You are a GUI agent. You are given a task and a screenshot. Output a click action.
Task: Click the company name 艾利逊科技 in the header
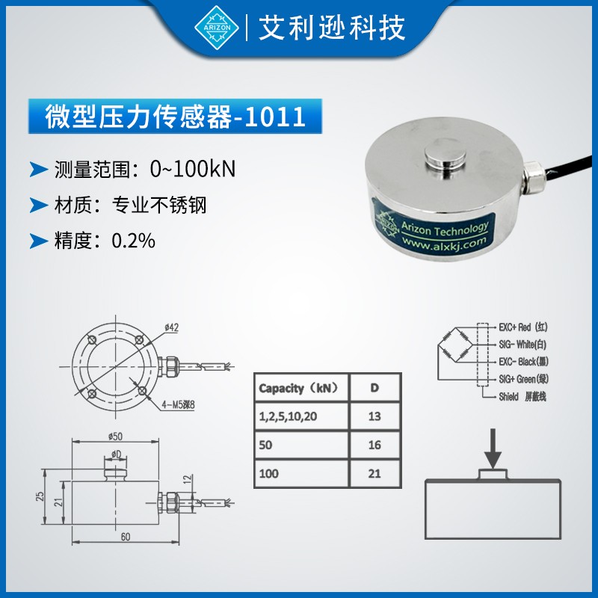point(332,28)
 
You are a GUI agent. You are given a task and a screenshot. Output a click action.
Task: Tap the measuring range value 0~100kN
point(193,169)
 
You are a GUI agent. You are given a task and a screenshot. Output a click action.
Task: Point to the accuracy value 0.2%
point(133,241)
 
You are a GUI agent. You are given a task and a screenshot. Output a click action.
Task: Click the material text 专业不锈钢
point(158,205)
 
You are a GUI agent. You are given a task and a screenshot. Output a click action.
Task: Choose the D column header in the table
point(374,388)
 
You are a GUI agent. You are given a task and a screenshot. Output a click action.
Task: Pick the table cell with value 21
point(374,474)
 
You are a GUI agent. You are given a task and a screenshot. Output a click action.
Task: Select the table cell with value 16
point(374,446)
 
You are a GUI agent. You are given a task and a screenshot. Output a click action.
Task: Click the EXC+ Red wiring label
point(523,327)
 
